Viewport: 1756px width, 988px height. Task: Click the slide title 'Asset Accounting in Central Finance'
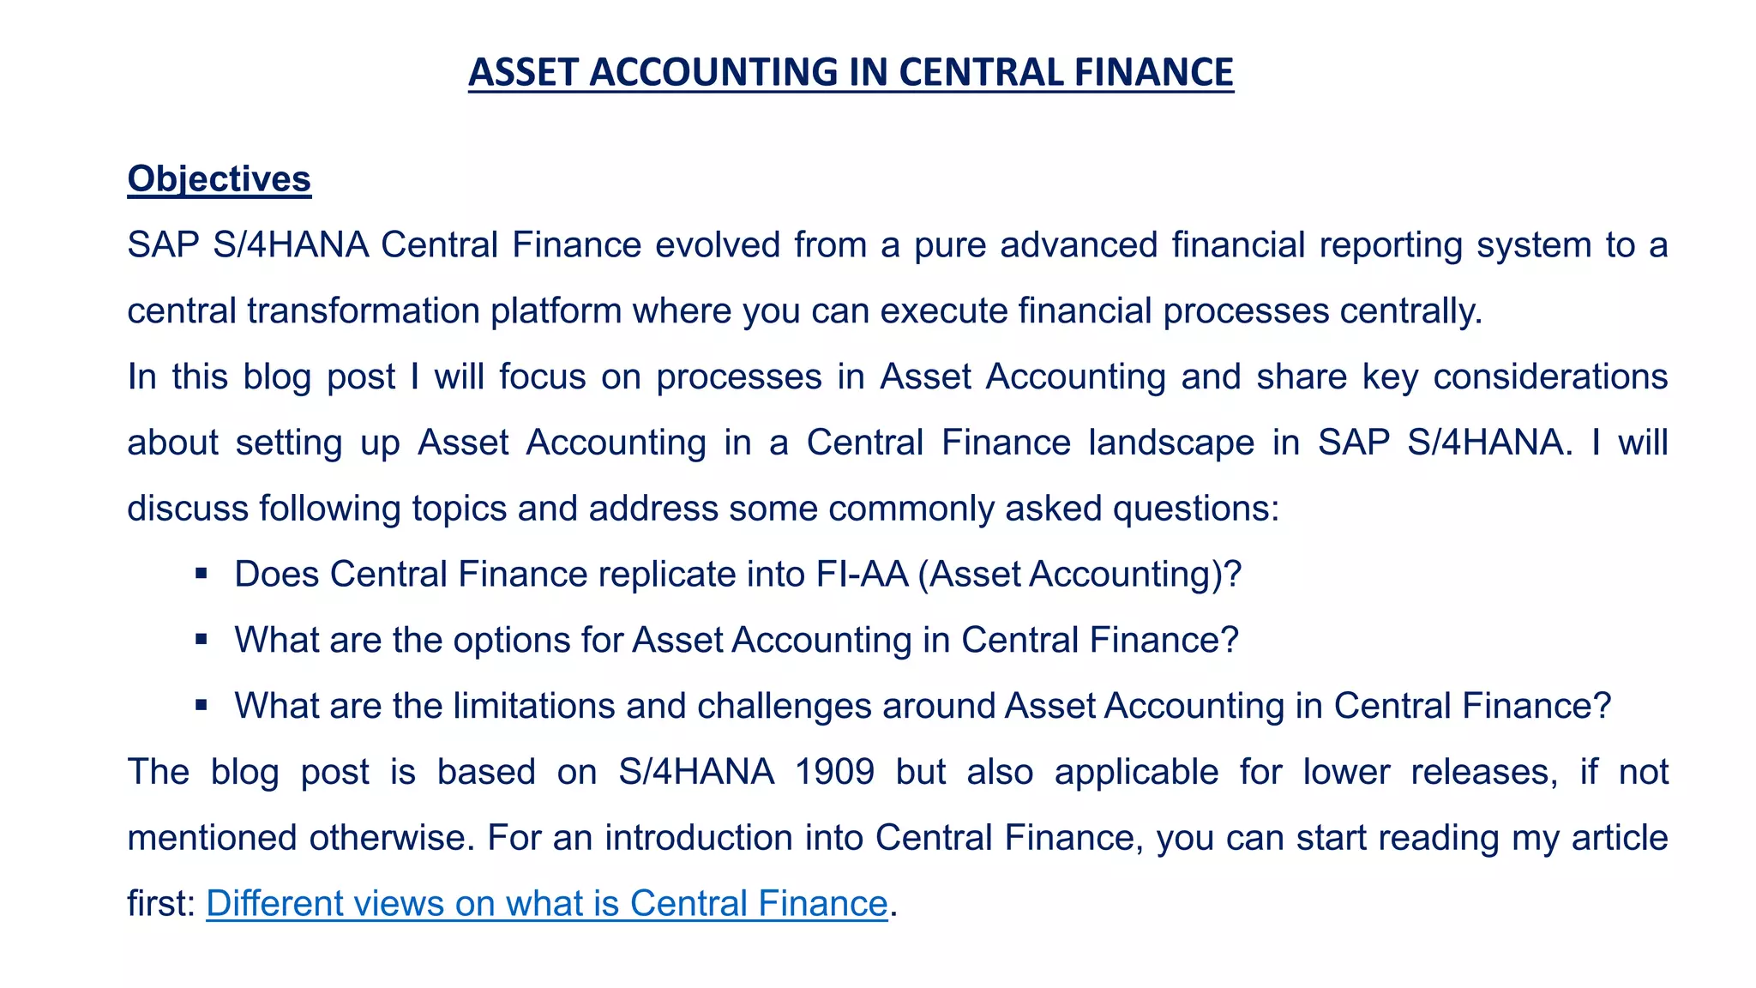851,72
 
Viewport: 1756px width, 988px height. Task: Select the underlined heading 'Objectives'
219,179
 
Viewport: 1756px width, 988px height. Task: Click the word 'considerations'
1550,377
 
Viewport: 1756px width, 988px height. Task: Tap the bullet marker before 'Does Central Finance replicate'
201,573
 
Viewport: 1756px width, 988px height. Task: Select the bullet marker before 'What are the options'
201,639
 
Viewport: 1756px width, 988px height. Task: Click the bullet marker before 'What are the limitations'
201,705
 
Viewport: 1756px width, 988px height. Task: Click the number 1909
834,772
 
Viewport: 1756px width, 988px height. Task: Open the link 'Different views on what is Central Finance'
546,904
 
